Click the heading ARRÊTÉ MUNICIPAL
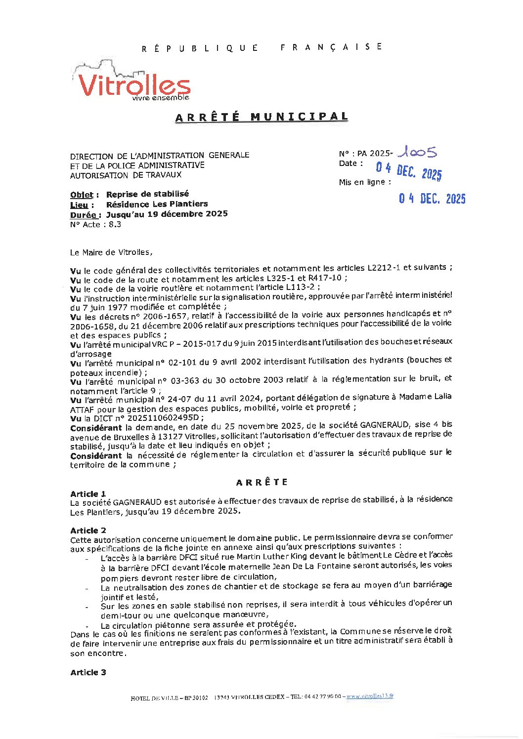[x=261, y=117]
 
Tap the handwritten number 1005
[x=418, y=152]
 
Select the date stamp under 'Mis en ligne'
[x=432, y=199]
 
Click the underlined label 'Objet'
[x=82, y=195]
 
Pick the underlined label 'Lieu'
[x=79, y=205]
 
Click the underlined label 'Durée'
[x=83, y=215]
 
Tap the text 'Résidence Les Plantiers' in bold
[x=157, y=204]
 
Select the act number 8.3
[x=115, y=225]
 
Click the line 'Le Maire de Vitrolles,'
[x=111, y=252]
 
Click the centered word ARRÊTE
[x=261, y=482]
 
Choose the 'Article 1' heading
[x=88, y=494]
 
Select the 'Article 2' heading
[x=88, y=531]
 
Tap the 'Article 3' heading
[x=88, y=672]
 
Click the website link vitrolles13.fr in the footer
[x=370, y=696]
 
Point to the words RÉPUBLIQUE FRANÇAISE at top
[x=261, y=47]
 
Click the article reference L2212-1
[x=384, y=268]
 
